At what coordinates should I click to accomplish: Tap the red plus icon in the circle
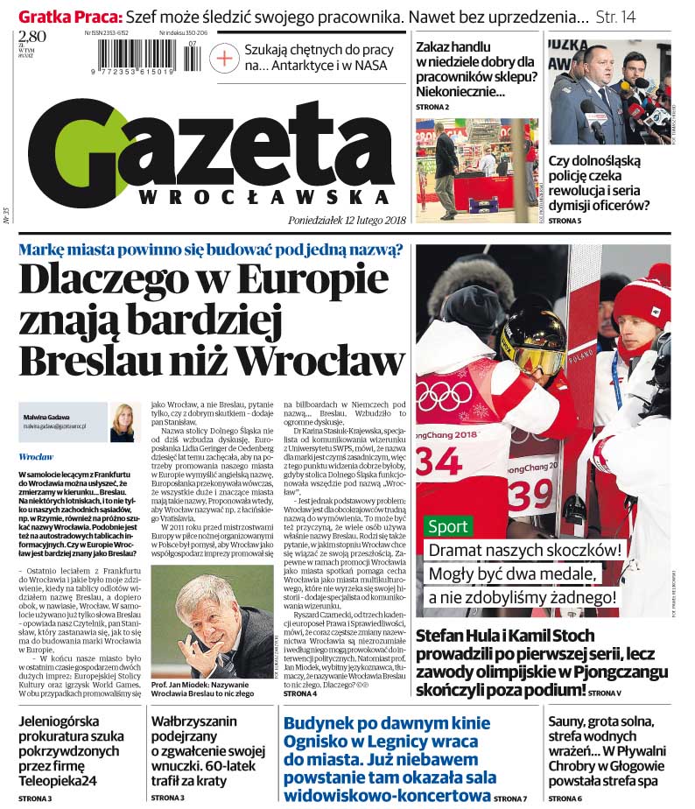tap(226, 59)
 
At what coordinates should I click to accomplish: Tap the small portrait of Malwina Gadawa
tap(122, 422)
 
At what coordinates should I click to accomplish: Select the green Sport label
tap(448, 527)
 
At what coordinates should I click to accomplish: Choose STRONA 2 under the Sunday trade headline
tap(432, 107)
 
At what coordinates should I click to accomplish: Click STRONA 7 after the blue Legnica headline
tap(511, 798)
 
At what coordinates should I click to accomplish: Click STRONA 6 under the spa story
tap(565, 798)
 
